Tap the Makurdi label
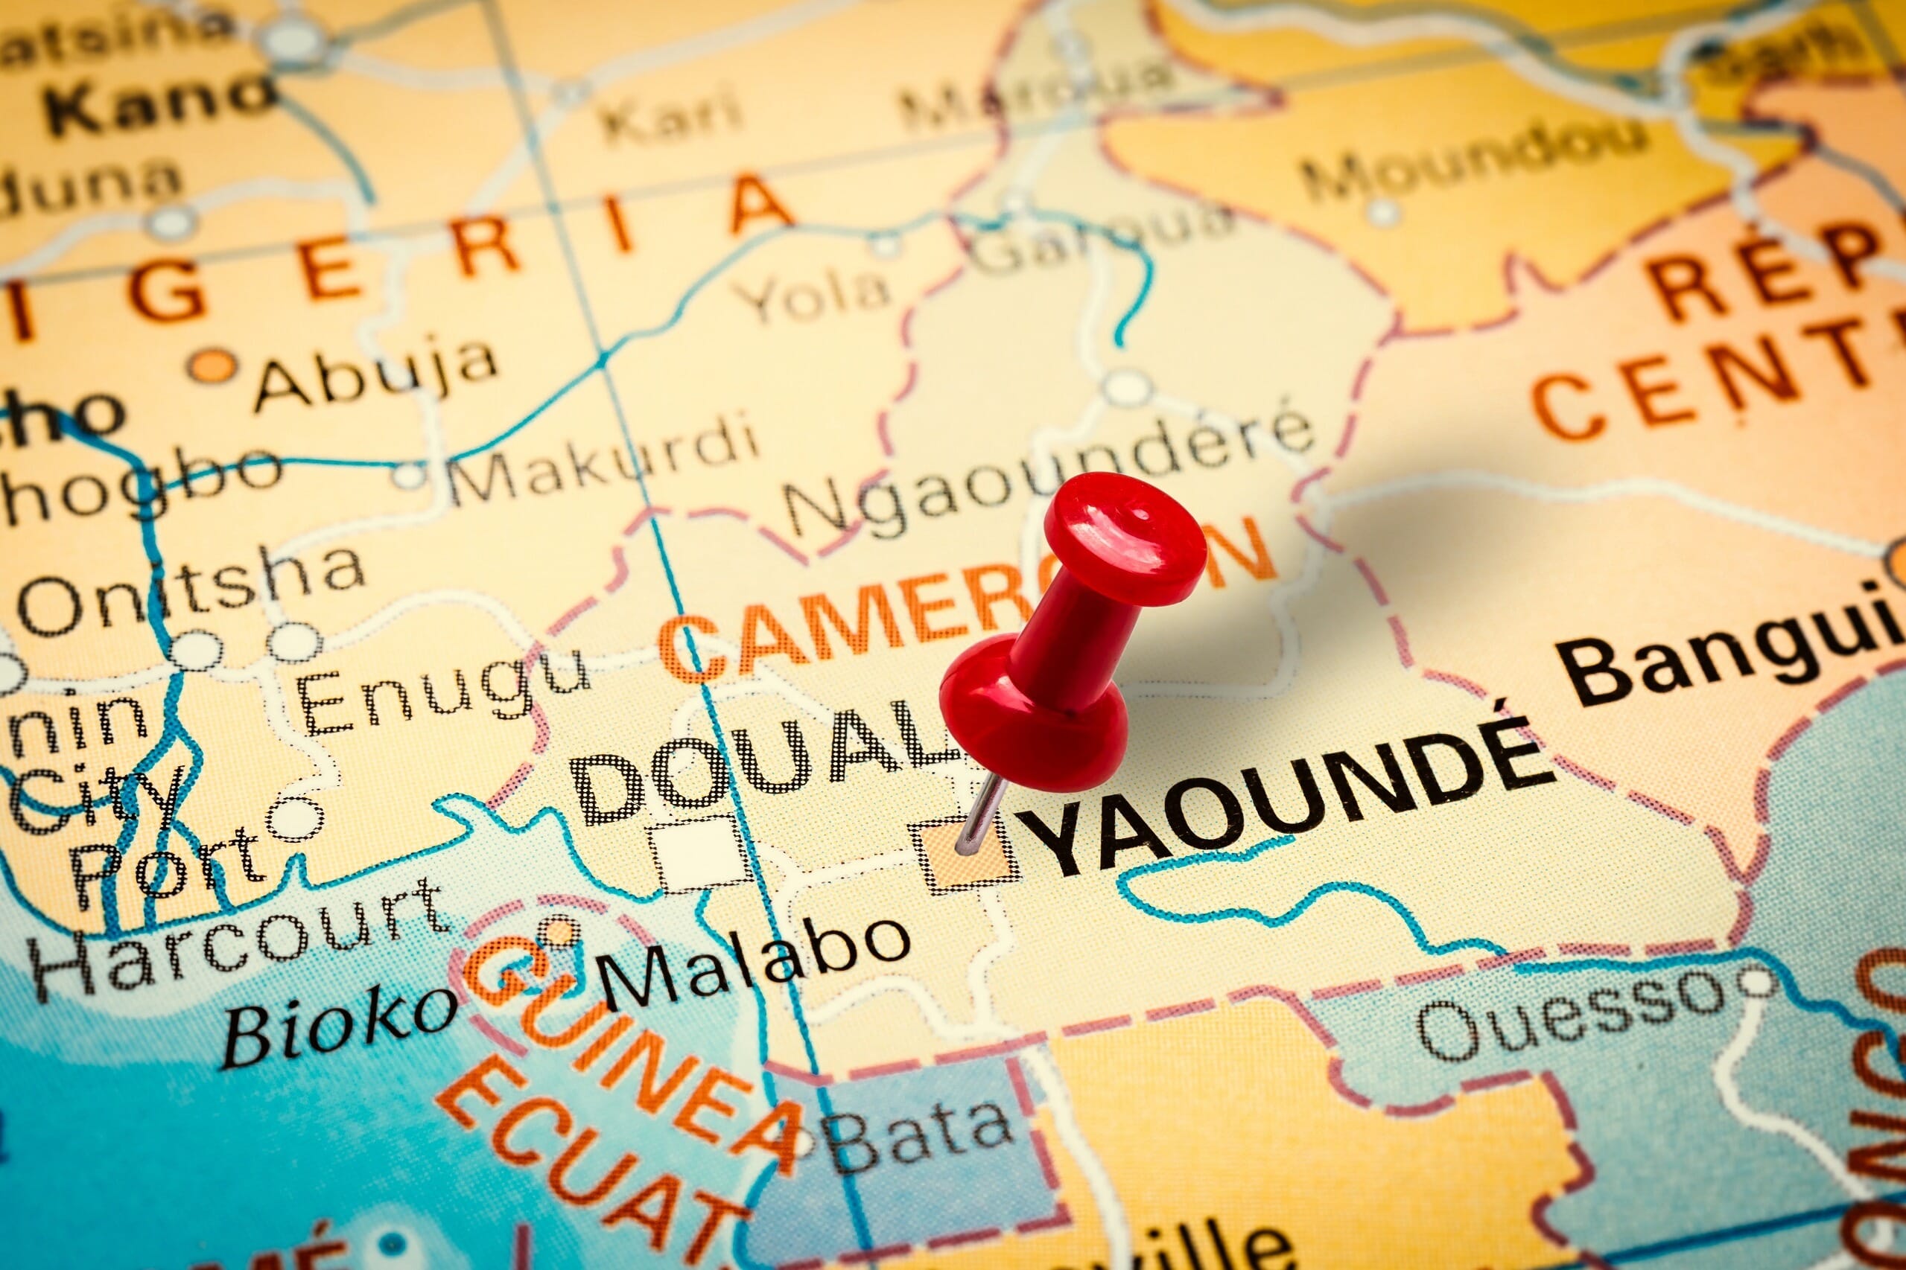coord(604,462)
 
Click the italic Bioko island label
coord(340,1024)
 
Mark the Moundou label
coord(1475,166)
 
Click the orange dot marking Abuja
coord(214,366)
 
